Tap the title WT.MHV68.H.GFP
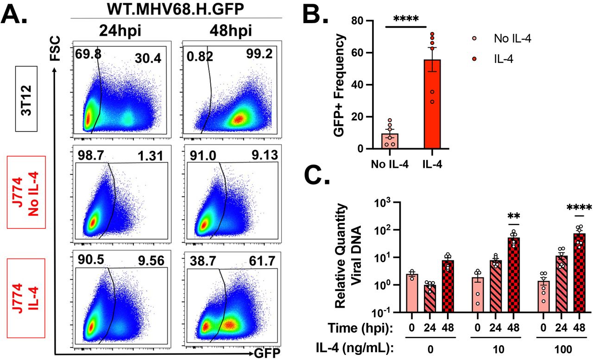click(x=176, y=9)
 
